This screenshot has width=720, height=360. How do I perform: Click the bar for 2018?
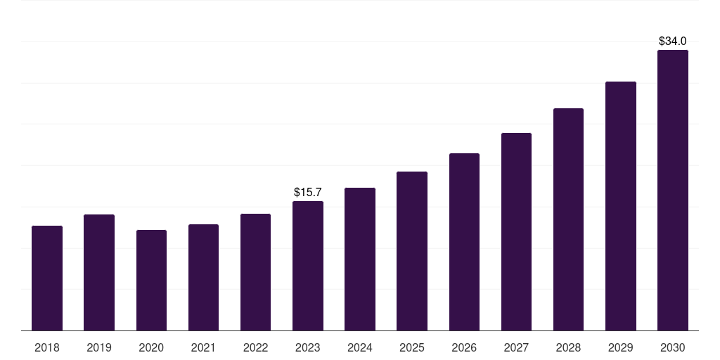[x=47, y=278]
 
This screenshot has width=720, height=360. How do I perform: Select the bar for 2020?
[x=151, y=280]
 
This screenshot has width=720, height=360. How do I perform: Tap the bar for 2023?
[x=308, y=266]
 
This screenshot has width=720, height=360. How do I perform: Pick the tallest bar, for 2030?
[x=673, y=190]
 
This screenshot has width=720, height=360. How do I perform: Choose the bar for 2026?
[x=464, y=242]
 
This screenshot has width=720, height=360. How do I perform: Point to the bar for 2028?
[x=568, y=219]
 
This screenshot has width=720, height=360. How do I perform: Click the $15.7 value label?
[x=308, y=192]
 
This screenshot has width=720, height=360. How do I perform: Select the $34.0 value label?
[x=673, y=41]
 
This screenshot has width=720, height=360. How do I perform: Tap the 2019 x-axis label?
[x=99, y=347]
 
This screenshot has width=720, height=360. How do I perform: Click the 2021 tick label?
[x=203, y=347]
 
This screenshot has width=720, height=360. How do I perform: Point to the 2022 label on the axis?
[x=255, y=347]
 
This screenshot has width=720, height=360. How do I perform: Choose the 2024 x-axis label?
[x=360, y=347]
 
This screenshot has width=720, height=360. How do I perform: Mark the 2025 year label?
[x=412, y=347]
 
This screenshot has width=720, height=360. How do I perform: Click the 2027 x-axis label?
[x=516, y=347]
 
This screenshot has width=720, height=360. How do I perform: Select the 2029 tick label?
[x=621, y=347]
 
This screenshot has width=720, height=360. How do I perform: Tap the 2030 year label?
[x=673, y=347]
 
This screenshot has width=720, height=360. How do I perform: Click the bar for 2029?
[x=621, y=206]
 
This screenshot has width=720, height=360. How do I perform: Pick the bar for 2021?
[x=203, y=277]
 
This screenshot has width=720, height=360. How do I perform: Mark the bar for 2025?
[x=412, y=251]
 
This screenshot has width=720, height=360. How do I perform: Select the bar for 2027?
[x=516, y=231]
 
